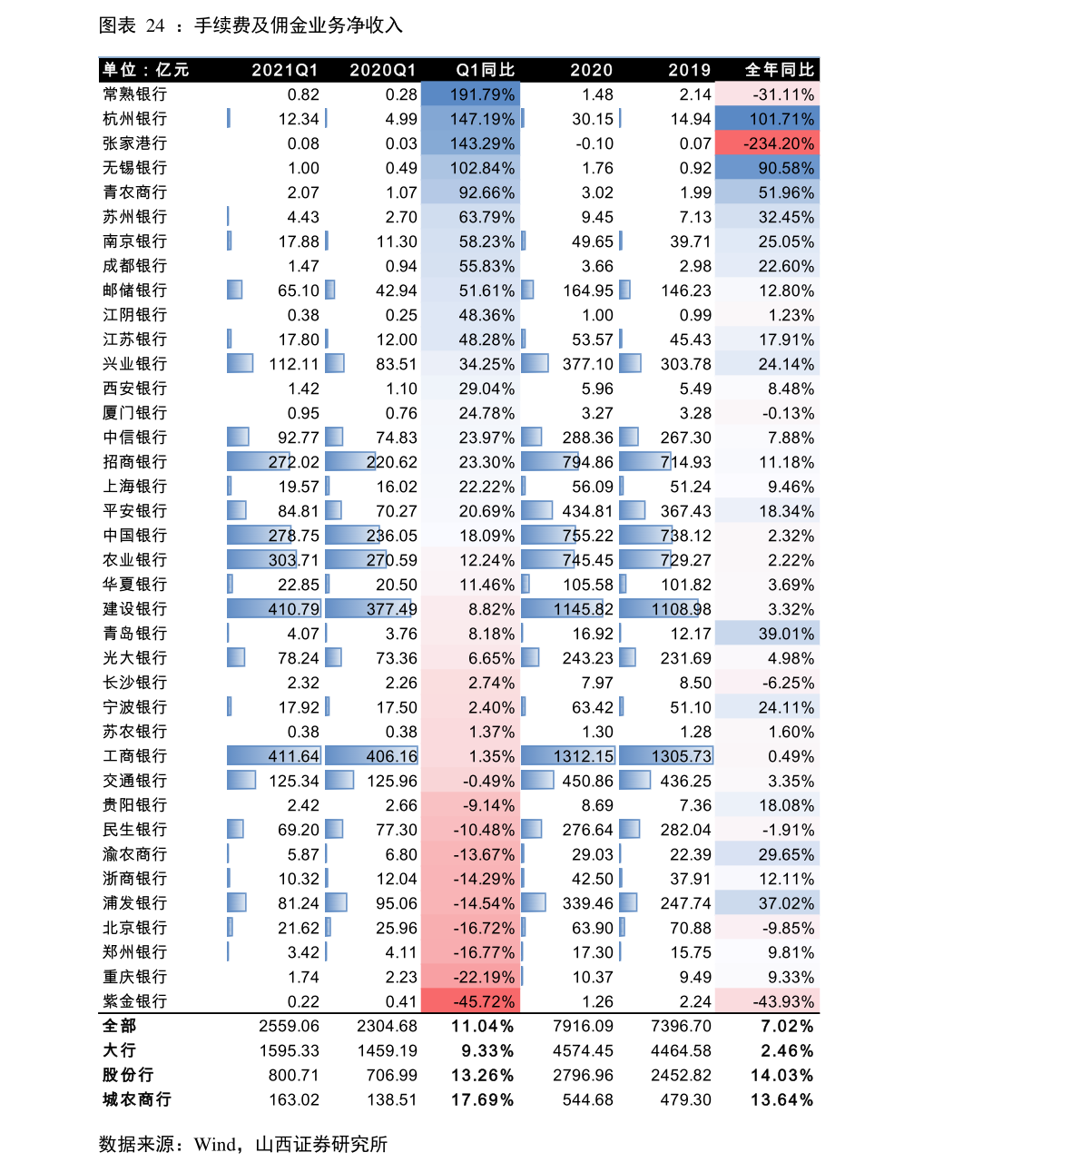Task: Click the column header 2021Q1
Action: pyautogui.click(x=284, y=70)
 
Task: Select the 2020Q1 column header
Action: pyautogui.click(x=382, y=70)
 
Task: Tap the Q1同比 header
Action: pyautogui.click(x=485, y=70)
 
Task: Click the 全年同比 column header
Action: pyautogui.click(x=780, y=70)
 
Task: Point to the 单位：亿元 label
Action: pyautogui.click(x=145, y=70)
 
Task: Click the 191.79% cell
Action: pyautogui.click(x=471, y=94)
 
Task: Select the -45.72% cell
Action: pyautogui.click(x=471, y=1001)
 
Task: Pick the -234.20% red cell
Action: pyautogui.click(x=767, y=143)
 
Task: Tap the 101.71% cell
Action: pyautogui.click(x=767, y=119)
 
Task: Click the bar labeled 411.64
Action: pyautogui.click(x=274, y=756)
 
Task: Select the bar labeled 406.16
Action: pyautogui.click(x=372, y=756)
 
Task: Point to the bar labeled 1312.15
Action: pyautogui.click(x=568, y=756)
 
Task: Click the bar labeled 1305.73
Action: pyautogui.click(x=666, y=756)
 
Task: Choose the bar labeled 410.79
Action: pyautogui.click(x=274, y=609)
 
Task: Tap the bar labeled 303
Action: pyautogui.click(x=262, y=560)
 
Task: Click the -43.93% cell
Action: pyautogui.click(x=767, y=1001)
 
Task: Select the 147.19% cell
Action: pyautogui.click(x=471, y=119)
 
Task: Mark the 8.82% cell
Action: pyautogui.click(x=471, y=609)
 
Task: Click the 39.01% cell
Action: pyautogui.click(x=767, y=634)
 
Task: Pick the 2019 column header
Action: pyautogui.click(x=689, y=70)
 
